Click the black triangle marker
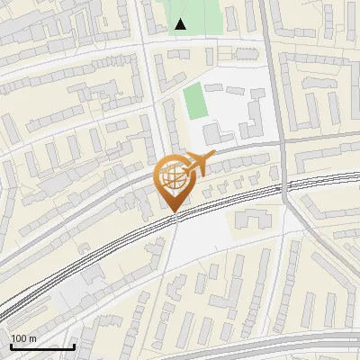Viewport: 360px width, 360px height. point(181,24)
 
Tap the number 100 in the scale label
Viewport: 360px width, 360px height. point(20,339)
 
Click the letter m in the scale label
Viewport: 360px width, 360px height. point(32,339)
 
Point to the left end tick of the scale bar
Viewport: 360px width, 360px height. point(11,346)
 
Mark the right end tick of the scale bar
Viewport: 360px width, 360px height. point(74,346)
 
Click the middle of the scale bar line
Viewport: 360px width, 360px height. point(42,346)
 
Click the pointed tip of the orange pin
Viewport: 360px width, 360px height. point(173,212)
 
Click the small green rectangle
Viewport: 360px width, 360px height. point(194,101)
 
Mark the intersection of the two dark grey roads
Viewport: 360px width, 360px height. point(281,140)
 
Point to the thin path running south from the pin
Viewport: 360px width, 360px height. point(171,261)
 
